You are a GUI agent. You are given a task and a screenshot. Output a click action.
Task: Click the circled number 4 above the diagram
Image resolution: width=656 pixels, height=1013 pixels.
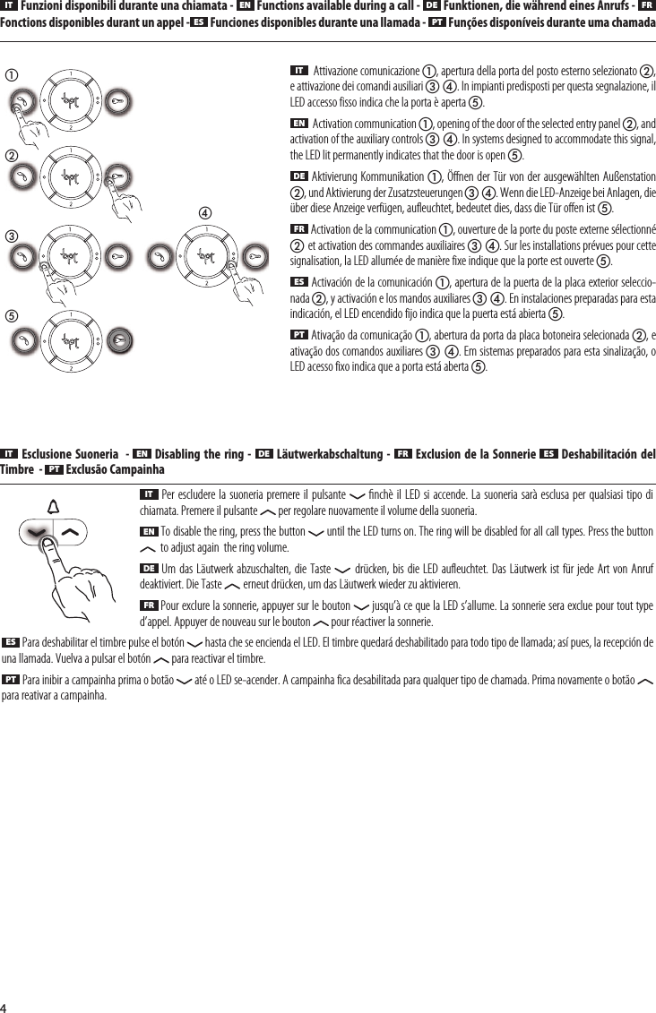tap(205, 213)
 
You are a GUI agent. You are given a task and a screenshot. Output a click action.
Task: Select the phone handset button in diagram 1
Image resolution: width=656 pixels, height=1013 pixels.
tap(20, 102)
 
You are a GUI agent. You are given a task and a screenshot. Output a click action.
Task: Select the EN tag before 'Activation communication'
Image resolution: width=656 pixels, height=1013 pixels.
tap(299, 122)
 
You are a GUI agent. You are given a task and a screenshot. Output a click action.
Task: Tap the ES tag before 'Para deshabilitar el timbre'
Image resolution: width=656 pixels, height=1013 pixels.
tap(12, 642)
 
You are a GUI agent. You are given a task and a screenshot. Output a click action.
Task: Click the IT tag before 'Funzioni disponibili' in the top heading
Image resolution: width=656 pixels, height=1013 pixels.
tap(9, 6)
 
